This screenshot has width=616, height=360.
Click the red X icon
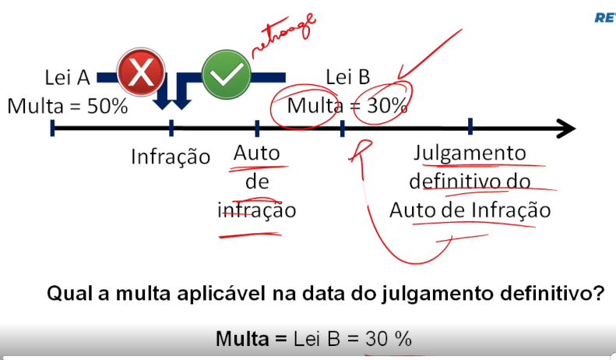(141, 74)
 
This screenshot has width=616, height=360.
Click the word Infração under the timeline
(171, 157)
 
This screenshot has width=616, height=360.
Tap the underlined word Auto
(256, 154)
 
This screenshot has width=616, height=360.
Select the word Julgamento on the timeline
(470, 153)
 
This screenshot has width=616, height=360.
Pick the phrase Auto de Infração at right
(470, 210)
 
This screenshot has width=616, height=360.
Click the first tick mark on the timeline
(52, 127)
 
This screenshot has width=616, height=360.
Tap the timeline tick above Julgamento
(470, 126)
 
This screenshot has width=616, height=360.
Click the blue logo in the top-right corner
(605, 17)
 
